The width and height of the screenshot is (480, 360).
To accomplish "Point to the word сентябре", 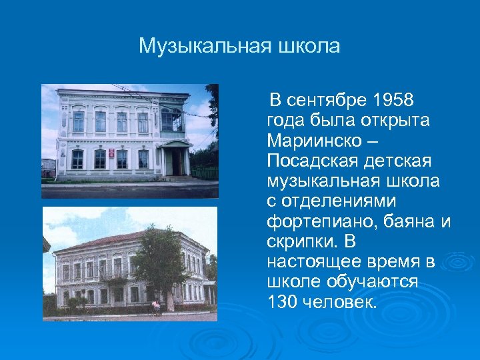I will point(326,101).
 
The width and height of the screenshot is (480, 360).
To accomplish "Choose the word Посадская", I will point(308,161).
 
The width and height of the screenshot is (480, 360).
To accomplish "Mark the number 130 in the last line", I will point(281,302).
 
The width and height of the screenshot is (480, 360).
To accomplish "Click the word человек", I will point(340,302).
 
